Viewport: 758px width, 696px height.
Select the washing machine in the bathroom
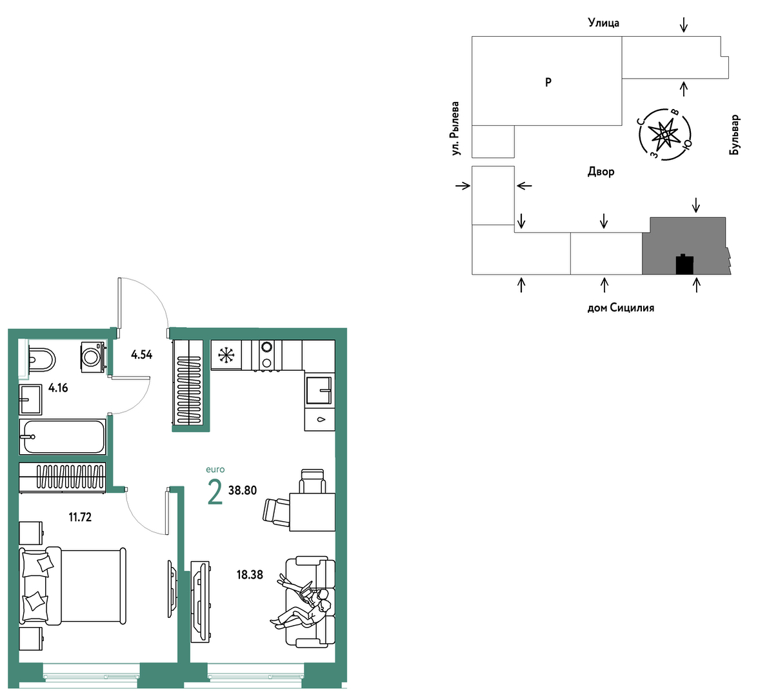(93, 357)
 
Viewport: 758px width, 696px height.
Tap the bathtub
(63, 437)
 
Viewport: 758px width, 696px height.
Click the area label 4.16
(58, 388)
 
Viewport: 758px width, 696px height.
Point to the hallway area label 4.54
(142, 355)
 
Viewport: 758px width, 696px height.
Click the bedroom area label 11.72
(80, 517)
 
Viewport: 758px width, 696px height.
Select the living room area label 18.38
(250, 575)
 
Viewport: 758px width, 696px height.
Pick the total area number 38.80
(242, 490)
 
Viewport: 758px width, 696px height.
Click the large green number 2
(215, 492)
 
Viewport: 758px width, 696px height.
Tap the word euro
(215, 470)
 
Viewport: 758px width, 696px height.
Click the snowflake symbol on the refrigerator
(226, 355)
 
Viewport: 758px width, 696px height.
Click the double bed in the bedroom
(72, 586)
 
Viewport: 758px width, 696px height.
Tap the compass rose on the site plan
(664, 134)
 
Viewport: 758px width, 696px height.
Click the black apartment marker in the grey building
(684, 264)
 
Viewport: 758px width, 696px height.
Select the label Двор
(601, 172)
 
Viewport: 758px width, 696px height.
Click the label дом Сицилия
(621, 308)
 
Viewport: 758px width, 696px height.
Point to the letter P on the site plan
(548, 82)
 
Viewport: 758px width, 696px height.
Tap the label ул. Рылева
(454, 128)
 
